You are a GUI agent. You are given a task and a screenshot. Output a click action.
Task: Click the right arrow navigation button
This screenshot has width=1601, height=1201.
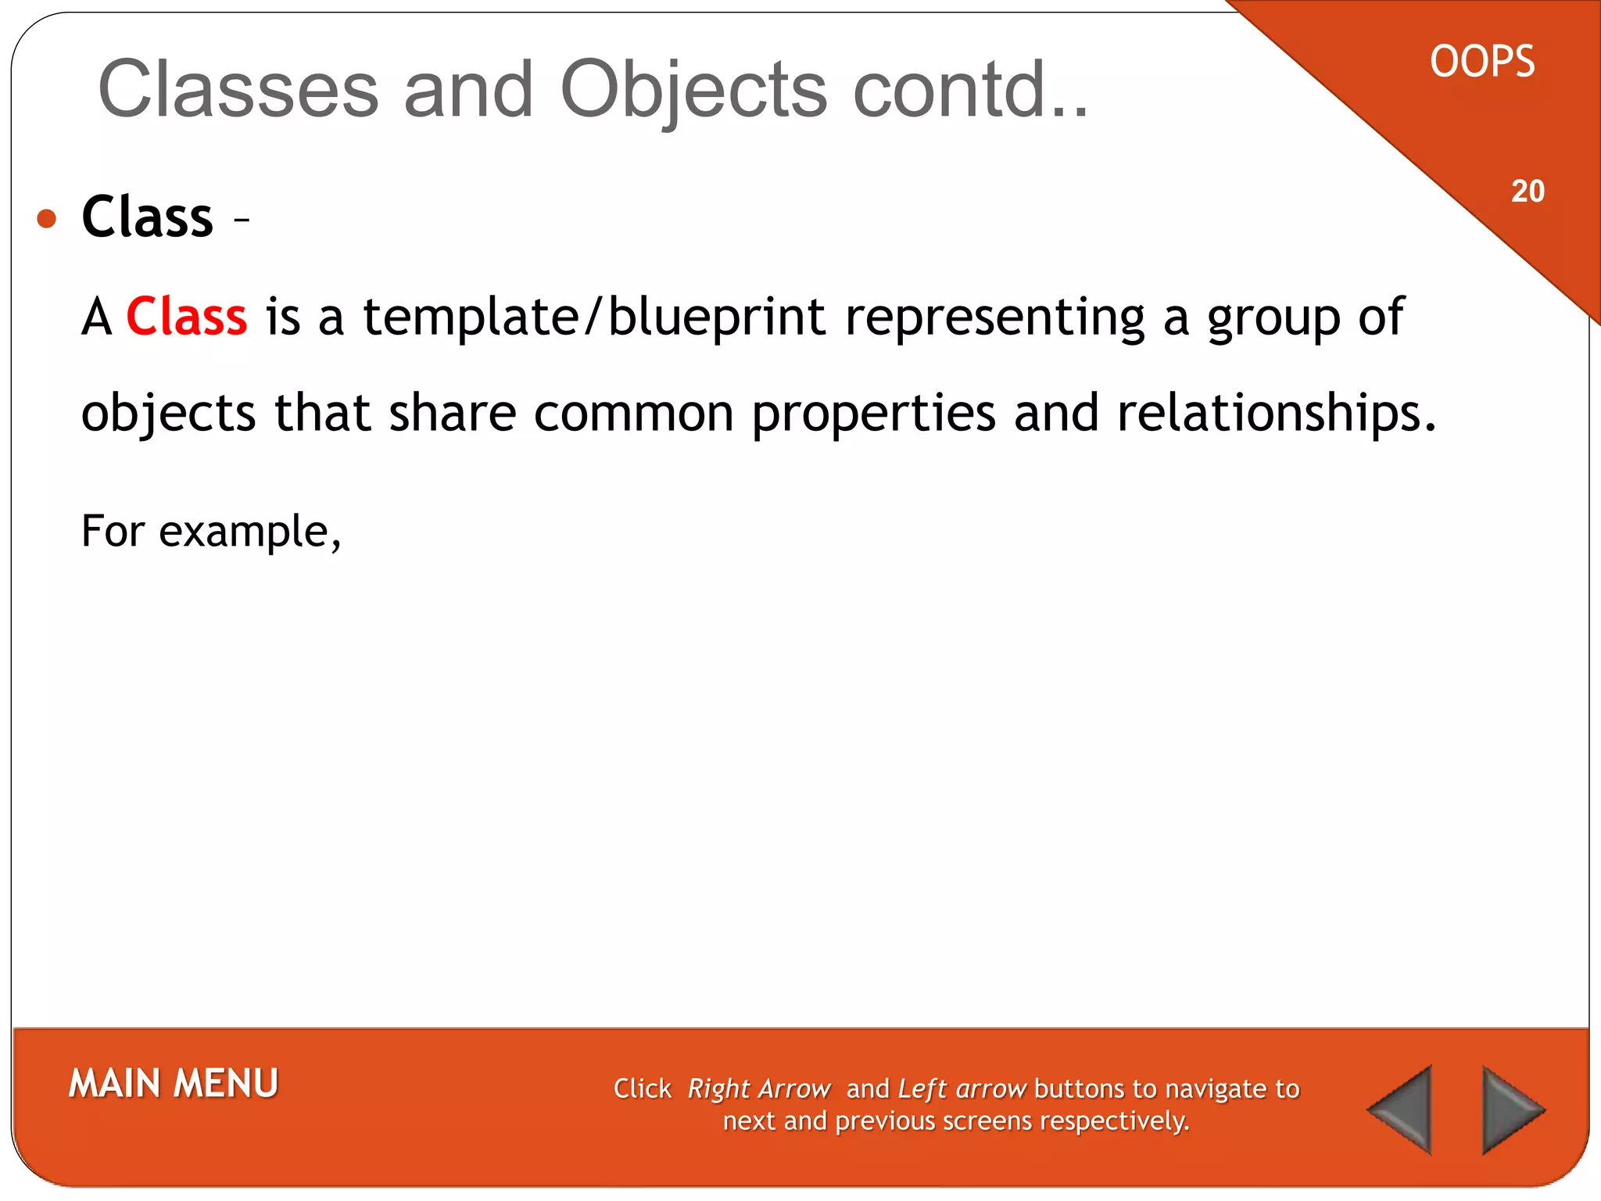1510,1110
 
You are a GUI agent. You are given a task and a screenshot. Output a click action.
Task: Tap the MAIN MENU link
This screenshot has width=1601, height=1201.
174,1084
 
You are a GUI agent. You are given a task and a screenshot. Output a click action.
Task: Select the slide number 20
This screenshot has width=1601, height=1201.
1528,192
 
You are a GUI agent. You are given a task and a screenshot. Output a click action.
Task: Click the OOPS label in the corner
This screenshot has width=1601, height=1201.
1482,62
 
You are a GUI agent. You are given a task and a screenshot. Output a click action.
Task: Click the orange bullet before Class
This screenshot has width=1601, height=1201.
47,218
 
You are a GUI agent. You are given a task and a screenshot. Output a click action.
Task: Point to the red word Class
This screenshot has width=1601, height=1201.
187,317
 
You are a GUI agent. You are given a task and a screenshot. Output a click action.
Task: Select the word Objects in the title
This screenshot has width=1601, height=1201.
693,90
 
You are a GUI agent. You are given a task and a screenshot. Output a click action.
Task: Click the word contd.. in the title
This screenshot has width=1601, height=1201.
970,90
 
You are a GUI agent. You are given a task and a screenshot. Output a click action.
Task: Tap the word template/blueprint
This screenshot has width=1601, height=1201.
594,317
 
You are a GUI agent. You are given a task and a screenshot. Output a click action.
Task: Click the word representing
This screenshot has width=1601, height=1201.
994,317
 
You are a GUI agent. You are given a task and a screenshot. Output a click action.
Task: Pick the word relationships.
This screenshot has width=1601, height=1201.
1276,413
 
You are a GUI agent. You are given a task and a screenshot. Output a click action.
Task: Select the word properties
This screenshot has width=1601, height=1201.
873,413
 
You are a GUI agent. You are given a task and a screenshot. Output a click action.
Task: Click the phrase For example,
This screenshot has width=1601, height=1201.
211,532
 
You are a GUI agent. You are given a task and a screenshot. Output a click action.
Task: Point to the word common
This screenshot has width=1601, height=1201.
633,413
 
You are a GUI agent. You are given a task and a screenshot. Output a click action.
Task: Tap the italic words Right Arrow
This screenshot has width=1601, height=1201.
758,1088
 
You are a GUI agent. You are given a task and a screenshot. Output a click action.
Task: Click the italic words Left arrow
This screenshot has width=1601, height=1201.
962,1088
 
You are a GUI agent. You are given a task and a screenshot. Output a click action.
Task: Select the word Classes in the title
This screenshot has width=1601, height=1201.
238,90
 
